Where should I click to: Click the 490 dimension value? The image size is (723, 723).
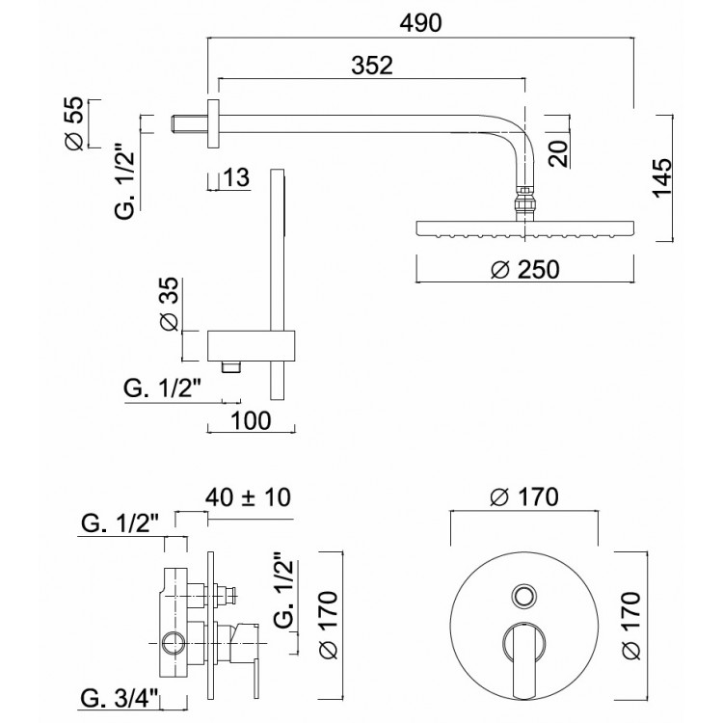[x=420, y=23]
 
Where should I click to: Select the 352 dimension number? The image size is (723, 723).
[x=372, y=66]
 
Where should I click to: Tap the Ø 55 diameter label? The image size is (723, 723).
[x=75, y=123]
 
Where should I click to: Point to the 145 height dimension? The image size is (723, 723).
[x=662, y=177]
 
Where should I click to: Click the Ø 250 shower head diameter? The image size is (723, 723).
[x=525, y=269]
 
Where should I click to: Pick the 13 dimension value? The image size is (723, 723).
[x=236, y=177]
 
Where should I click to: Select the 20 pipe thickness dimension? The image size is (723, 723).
[x=558, y=153]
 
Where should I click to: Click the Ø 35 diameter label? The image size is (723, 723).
[x=169, y=304]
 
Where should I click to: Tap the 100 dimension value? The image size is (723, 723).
[x=251, y=420]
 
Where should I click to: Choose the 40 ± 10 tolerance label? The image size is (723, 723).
[x=248, y=497]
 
